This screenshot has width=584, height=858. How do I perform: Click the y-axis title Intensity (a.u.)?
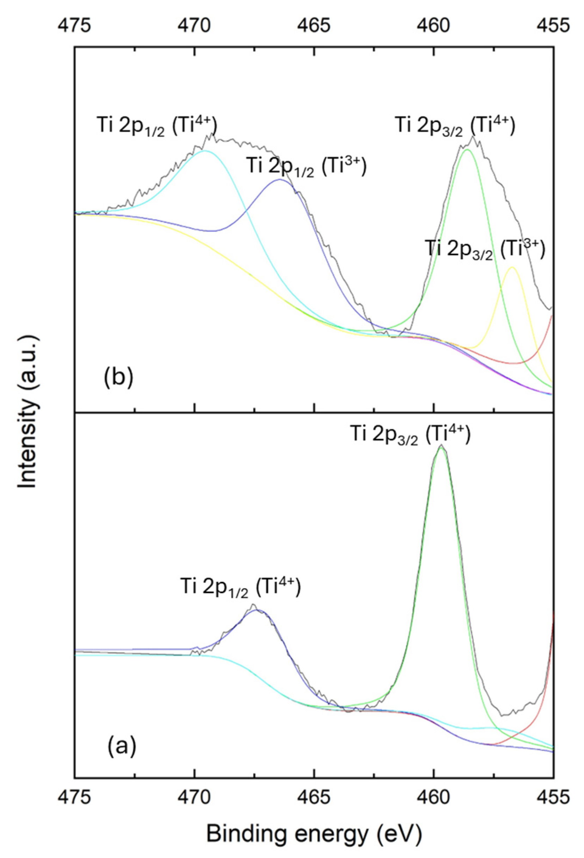(28, 412)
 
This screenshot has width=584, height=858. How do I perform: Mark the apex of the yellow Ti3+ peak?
(512, 267)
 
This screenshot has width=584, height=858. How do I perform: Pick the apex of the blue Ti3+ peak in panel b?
(280, 179)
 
